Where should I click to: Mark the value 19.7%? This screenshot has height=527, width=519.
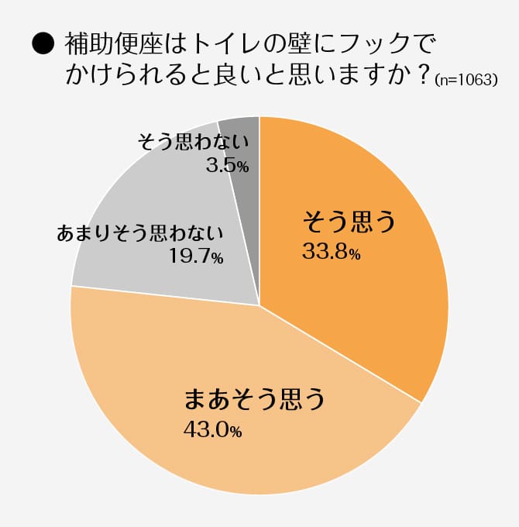click(x=196, y=257)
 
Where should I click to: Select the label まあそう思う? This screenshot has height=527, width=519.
click(x=253, y=399)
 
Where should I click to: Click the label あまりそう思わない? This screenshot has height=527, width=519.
click(x=140, y=233)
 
